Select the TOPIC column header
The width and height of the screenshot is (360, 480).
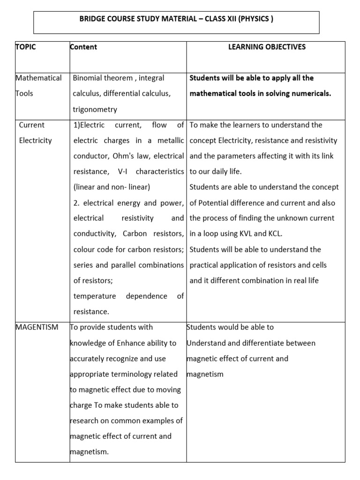click(26, 47)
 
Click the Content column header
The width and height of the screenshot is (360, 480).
click(83, 47)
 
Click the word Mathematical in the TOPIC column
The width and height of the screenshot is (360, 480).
click(38, 78)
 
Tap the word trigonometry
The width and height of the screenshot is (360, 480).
click(95, 109)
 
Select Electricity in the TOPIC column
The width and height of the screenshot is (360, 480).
click(36, 140)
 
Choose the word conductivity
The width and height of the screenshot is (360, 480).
click(96, 233)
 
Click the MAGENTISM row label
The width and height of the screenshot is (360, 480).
click(37, 327)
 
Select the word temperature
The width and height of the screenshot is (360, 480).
click(94, 296)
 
